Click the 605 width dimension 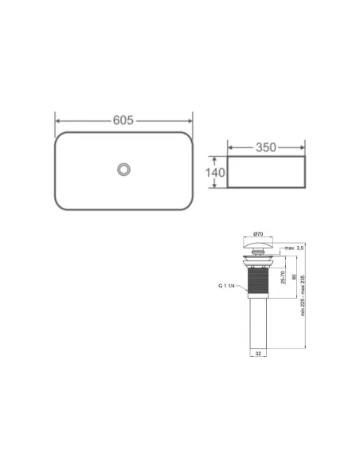[x=122, y=120]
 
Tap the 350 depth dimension [x=265, y=148]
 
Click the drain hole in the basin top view [x=123, y=170]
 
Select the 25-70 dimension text [x=284, y=278]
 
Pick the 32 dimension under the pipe [x=258, y=352]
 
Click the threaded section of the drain [x=258, y=282]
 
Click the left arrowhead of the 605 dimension [x=57, y=120]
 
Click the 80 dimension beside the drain [x=293, y=278]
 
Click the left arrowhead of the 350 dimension [x=231, y=148]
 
